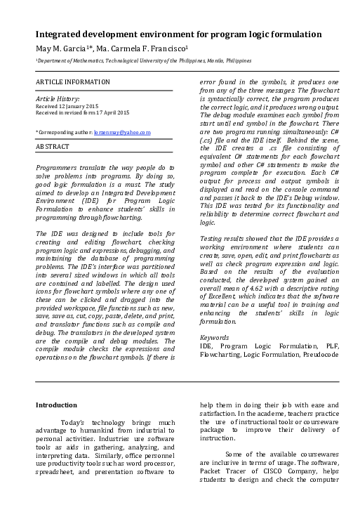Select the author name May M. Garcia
[62, 48]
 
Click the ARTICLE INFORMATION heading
[72, 83]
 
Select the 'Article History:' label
[58, 99]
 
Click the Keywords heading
[214, 338]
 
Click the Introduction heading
[56, 405]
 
